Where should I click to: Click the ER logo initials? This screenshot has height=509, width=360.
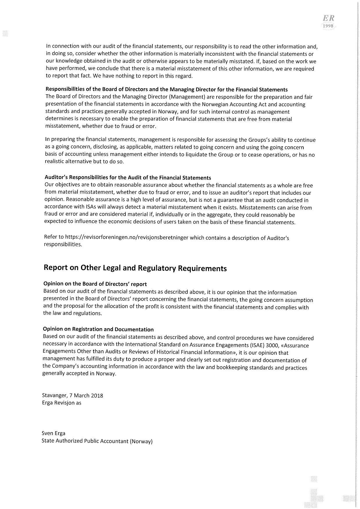[328, 19]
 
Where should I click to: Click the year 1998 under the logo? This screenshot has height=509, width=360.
[329, 26]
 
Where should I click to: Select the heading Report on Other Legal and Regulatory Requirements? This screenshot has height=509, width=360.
[135, 268]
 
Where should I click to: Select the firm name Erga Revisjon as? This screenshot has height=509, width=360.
[62, 403]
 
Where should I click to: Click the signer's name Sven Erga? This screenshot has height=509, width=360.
[53, 433]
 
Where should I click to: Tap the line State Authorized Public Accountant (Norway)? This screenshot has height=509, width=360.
[97, 441]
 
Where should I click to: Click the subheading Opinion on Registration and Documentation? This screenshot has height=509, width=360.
[98, 329]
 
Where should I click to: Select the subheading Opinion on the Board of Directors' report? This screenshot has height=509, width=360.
[95, 284]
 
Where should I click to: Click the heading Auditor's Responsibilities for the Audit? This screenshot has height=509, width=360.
[128, 178]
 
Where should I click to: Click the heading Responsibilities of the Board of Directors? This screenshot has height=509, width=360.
[166, 89]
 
